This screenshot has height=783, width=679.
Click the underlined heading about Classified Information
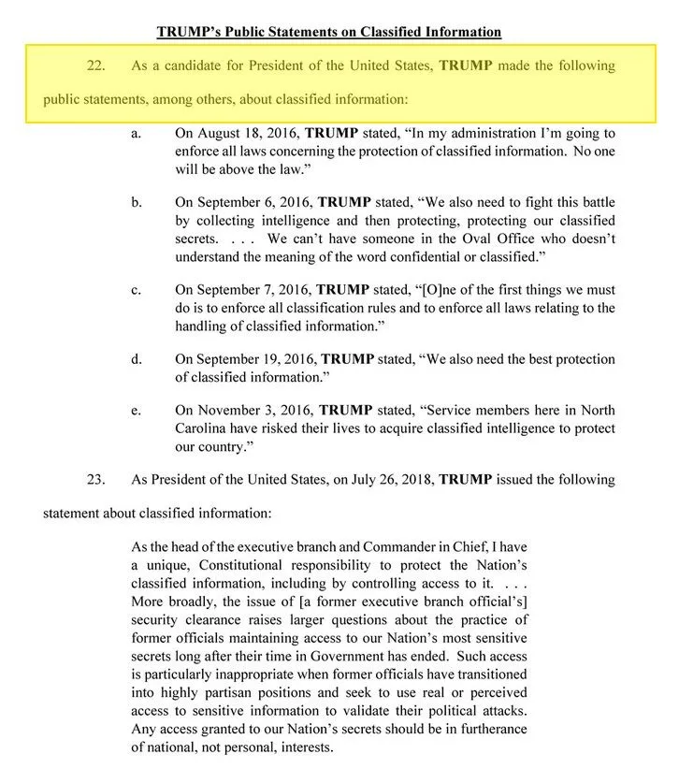tap(328, 32)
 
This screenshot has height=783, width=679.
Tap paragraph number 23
tap(95, 480)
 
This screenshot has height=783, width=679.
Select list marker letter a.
tap(136, 135)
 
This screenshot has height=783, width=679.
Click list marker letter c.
tap(136, 290)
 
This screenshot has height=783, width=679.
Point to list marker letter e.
tap(136, 410)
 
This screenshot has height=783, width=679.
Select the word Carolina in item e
tap(203, 428)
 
